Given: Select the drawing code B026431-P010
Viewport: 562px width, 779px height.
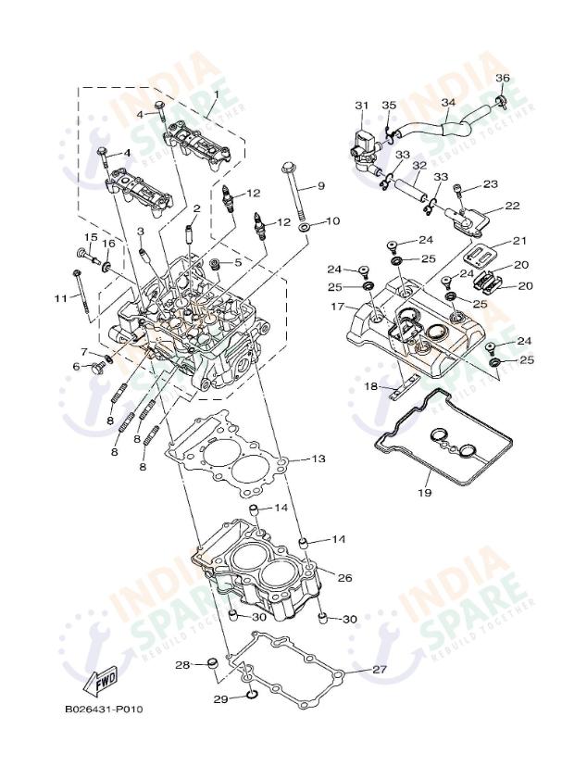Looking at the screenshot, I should (x=103, y=709).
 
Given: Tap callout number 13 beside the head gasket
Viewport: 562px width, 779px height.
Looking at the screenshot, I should (x=317, y=459).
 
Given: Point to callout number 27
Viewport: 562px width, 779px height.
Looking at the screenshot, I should (x=379, y=669).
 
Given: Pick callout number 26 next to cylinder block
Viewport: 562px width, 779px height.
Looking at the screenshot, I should (x=343, y=577).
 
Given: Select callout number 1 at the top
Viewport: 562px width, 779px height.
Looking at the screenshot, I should (x=216, y=94).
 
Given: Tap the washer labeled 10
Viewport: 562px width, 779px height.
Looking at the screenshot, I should (x=306, y=225).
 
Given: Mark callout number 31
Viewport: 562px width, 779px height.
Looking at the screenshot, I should (x=361, y=106).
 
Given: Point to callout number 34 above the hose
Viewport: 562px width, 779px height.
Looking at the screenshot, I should (x=448, y=102).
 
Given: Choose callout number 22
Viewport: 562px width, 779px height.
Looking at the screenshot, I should (x=511, y=206).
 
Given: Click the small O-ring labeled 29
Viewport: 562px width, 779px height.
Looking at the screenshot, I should (x=249, y=697).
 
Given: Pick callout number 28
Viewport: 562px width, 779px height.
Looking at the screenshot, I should (x=182, y=664).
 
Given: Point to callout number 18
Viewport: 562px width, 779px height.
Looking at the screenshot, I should (x=371, y=384).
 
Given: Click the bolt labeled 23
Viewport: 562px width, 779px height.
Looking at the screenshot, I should (x=458, y=192).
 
